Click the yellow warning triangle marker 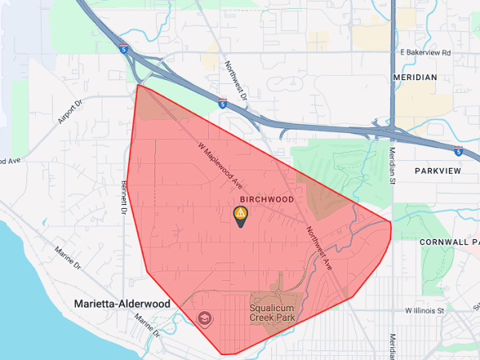(240, 214)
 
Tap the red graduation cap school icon (204, 319)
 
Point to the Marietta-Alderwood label (122, 304)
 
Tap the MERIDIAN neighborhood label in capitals (415, 77)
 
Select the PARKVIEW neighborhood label (439, 171)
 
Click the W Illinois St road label (425, 310)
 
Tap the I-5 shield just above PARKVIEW (458, 150)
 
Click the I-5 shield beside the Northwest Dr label (222, 103)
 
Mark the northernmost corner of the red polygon (138, 85)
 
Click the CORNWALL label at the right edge (449, 241)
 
